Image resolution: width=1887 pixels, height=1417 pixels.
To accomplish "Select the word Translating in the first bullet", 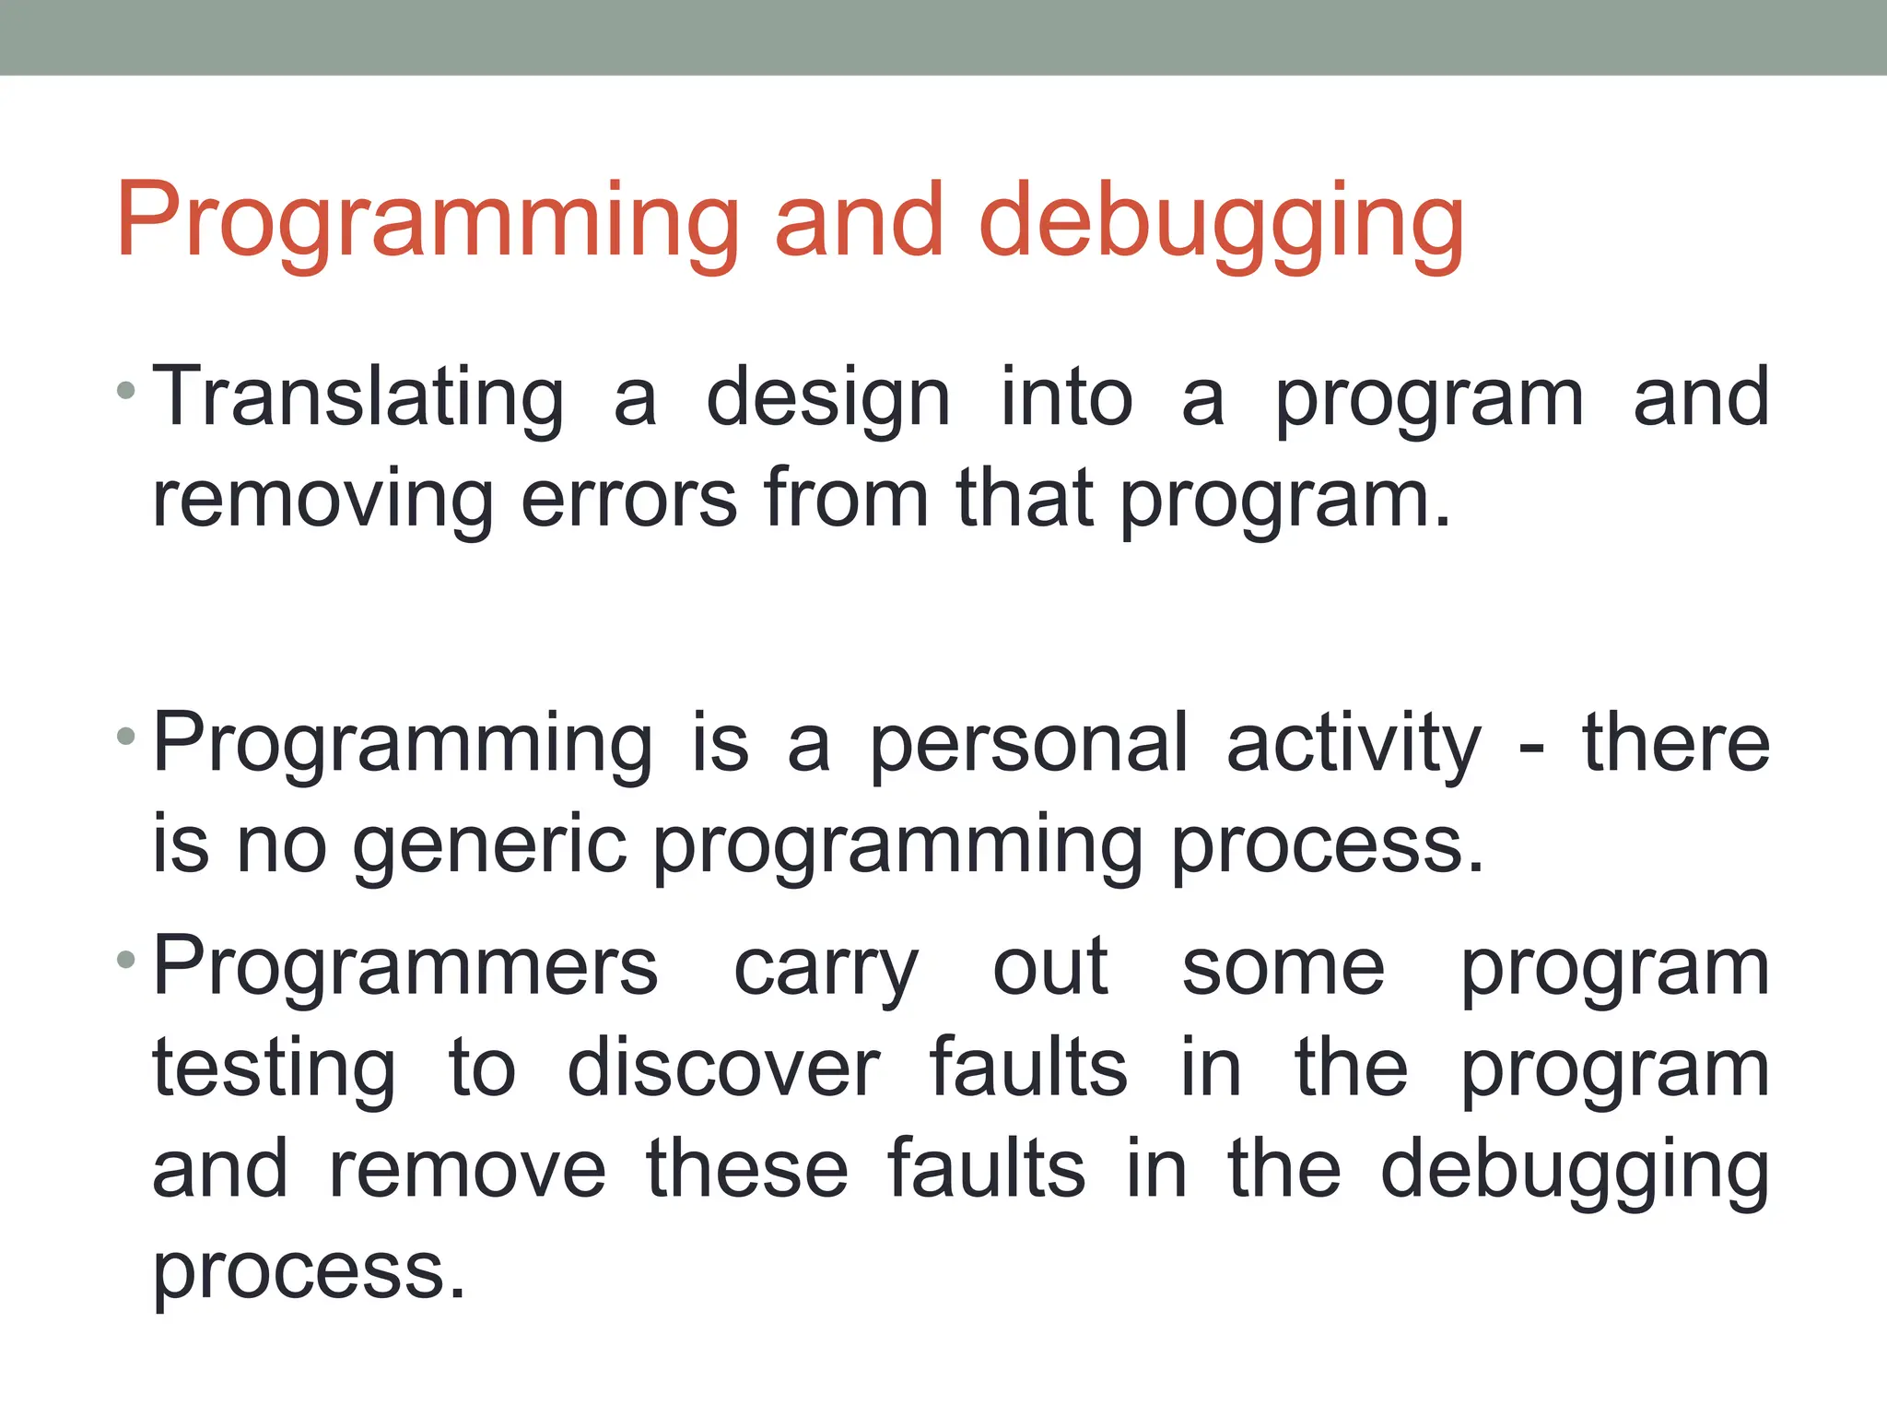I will (x=357, y=399).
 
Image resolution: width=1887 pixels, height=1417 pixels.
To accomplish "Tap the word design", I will (x=827, y=399).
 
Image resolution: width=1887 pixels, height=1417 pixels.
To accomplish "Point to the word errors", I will (x=628, y=501).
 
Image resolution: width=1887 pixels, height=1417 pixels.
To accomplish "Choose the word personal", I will (x=1028, y=745).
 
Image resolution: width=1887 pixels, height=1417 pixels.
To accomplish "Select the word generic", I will (x=490, y=846).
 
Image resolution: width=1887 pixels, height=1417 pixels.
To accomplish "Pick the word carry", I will (x=826, y=970).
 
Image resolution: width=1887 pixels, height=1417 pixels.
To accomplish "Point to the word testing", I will (x=274, y=1071).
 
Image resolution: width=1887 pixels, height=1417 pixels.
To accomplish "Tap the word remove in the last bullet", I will (x=467, y=1171).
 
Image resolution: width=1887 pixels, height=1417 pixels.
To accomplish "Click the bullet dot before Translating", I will (x=127, y=392).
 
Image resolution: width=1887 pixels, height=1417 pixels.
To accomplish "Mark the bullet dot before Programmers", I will (x=127, y=960).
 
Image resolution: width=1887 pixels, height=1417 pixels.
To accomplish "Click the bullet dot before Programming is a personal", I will (x=127, y=738).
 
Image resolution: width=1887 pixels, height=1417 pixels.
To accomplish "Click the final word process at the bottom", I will (x=309, y=1273).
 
